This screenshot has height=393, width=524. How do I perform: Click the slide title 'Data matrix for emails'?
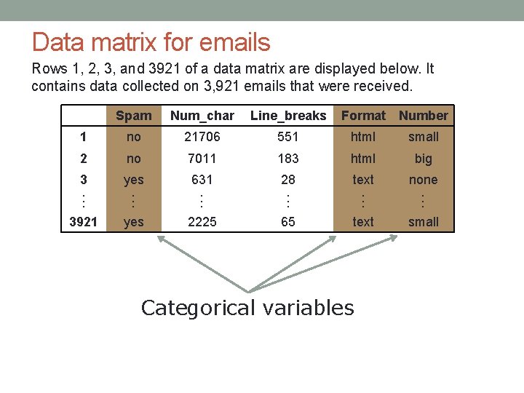click(x=151, y=42)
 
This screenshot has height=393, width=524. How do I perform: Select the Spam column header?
click(x=134, y=116)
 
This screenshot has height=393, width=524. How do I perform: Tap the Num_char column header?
click(x=202, y=116)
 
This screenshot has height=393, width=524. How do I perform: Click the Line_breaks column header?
click(x=288, y=116)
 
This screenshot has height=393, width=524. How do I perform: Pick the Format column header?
click(x=363, y=116)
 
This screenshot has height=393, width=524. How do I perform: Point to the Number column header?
click(x=424, y=116)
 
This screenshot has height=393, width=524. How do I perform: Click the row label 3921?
click(x=83, y=222)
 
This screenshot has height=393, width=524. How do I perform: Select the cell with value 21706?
click(x=202, y=137)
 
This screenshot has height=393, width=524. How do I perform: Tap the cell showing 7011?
click(x=202, y=159)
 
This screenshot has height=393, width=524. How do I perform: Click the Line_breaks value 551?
click(x=288, y=137)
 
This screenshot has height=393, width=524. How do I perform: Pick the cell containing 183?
click(x=288, y=159)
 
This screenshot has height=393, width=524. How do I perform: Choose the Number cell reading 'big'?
click(x=424, y=159)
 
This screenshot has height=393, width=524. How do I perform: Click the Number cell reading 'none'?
click(x=424, y=180)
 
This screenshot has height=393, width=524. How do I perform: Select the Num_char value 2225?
click(x=202, y=222)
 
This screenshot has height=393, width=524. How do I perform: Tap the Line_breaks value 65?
click(x=288, y=222)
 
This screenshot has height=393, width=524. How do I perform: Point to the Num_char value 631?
click(x=202, y=180)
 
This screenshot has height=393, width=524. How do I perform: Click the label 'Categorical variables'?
click(x=247, y=308)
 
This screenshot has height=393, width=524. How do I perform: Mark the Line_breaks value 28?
click(x=288, y=180)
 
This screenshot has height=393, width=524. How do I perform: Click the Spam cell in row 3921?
click(x=134, y=222)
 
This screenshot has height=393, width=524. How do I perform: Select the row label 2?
click(x=83, y=159)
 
